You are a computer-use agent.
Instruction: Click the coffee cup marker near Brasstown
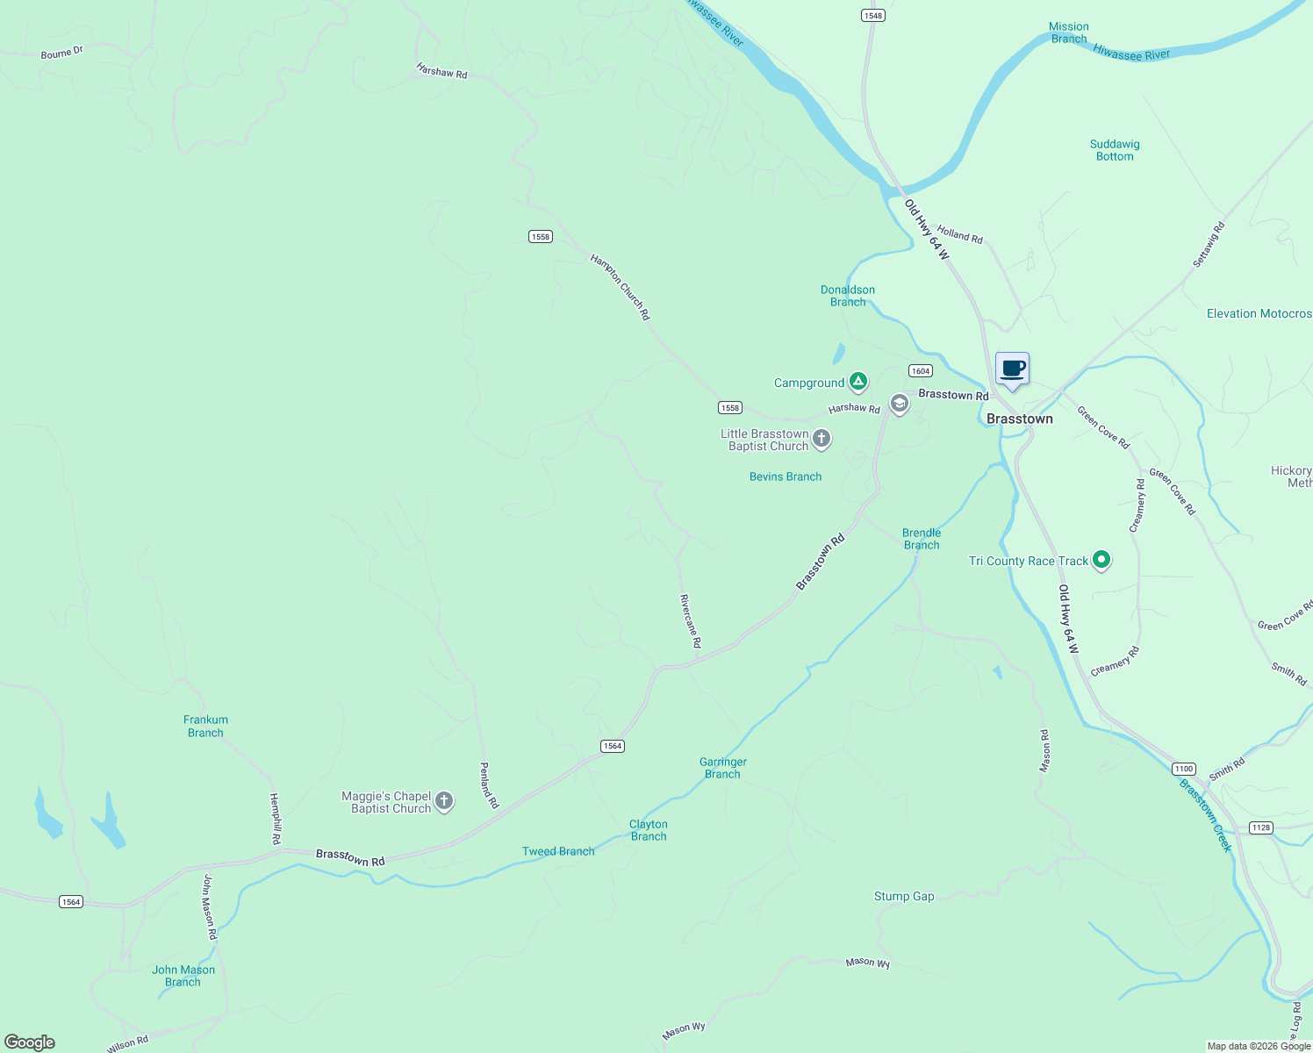tap(1012, 369)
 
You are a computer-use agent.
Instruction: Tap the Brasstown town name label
tap(1019, 419)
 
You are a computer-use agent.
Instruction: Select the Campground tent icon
tap(857, 382)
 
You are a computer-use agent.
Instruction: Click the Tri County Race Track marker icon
tap(1101, 560)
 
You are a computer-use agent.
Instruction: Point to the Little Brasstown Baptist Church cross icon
tap(821, 439)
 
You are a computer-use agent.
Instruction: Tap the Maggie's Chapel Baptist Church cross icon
tap(444, 801)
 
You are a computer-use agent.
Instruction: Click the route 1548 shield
tap(872, 16)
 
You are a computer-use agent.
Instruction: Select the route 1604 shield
tap(920, 371)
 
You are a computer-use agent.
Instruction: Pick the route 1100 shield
tap(1184, 769)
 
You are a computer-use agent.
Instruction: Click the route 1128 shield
tap(1260, 827)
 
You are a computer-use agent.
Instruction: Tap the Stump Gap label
tap(904, 896)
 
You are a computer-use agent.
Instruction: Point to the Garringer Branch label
tap(723, 768)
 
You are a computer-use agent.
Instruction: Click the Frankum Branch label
tap(205, 726)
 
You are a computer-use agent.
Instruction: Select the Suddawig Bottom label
tap(1115, 150)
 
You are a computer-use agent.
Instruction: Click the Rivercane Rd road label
tap(691, 621)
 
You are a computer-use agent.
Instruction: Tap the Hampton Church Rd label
tap(621, 287)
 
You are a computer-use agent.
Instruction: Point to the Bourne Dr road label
tap(61, 53)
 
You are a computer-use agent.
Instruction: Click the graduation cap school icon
tap(899, 404)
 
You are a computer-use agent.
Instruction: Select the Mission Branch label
tap(1068, 32)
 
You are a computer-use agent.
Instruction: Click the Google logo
tap(30, 1042)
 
